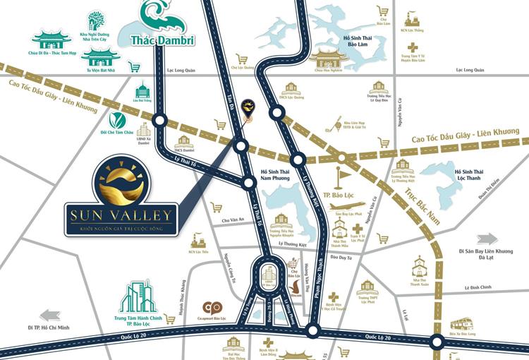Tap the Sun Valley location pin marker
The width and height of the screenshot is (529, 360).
pos(248,109)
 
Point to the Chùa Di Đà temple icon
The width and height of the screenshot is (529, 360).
pos(51,40)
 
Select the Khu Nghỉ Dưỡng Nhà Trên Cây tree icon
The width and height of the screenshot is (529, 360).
pos(97,21)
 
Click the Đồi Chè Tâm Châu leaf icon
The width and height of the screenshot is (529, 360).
pos(117,120)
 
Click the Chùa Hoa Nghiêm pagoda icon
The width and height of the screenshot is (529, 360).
pos(328,57)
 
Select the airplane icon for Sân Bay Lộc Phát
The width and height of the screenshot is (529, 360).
pos(346,205)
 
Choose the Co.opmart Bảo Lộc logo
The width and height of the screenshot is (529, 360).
pos(212,308)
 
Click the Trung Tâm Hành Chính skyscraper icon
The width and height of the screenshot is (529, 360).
pos(138,297)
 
